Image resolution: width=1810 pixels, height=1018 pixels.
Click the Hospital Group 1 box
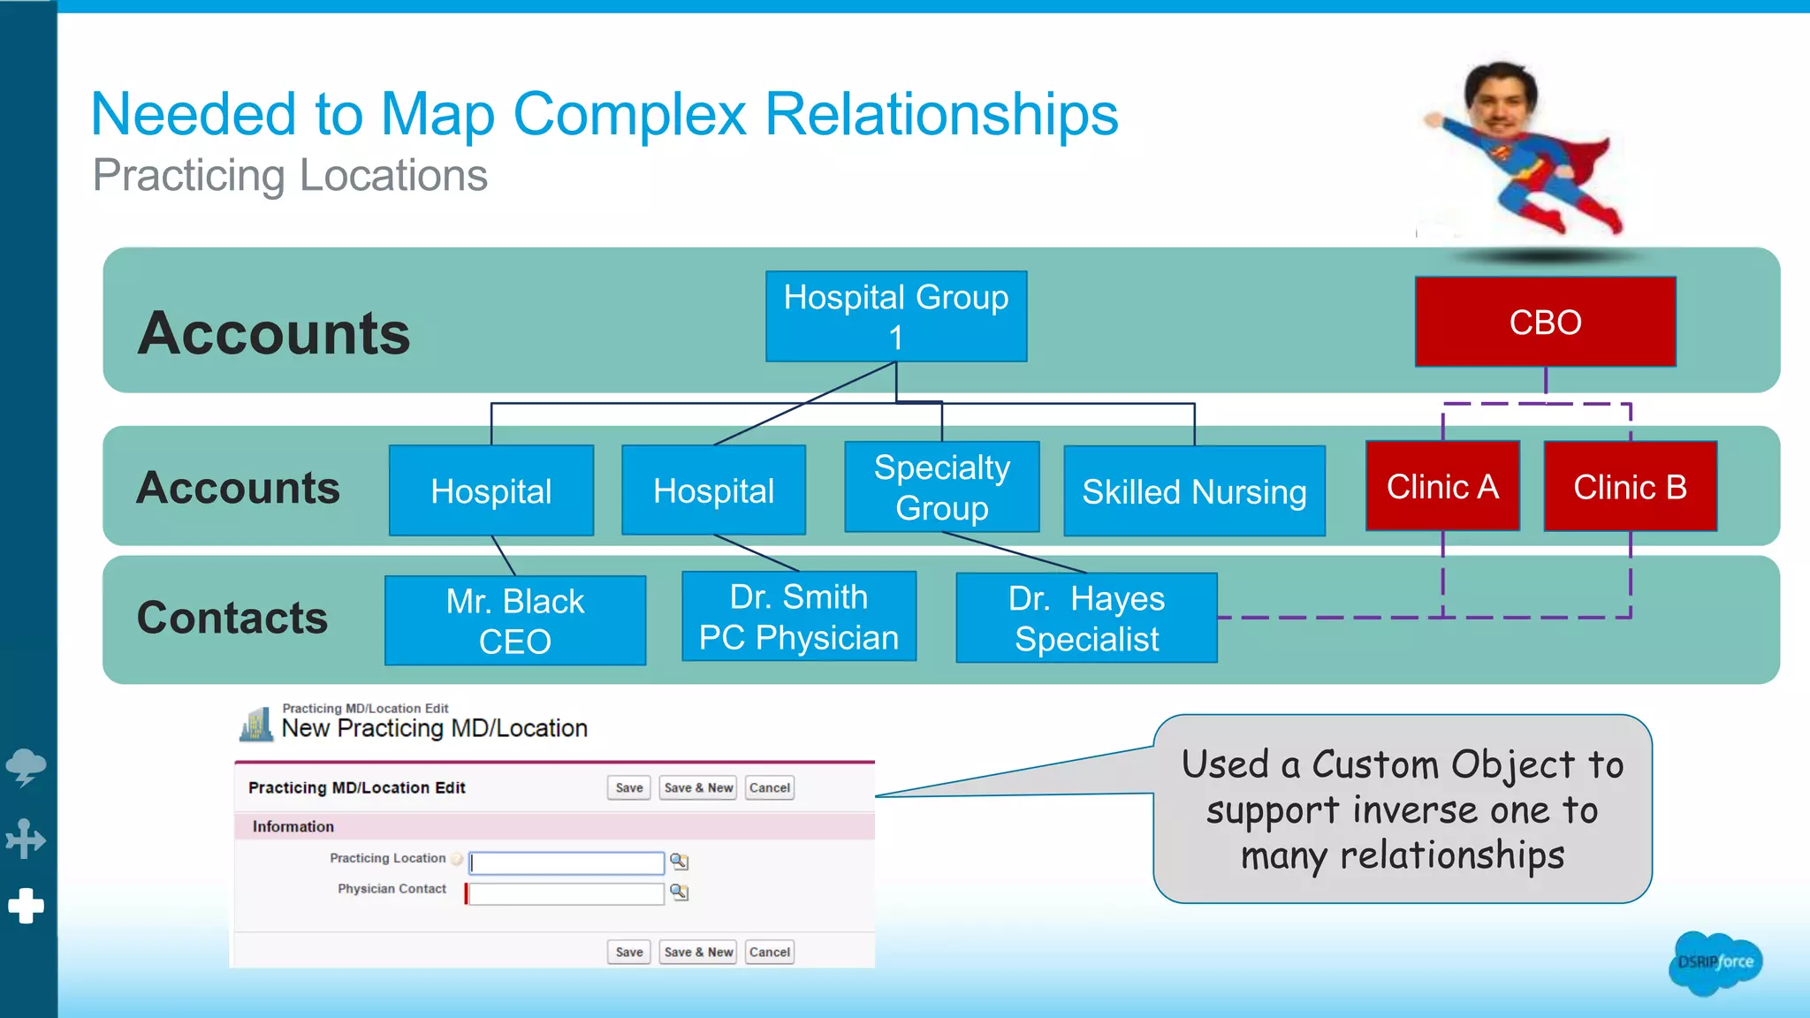click(x=895, y=316)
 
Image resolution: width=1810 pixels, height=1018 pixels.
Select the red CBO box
click(x=1545, y=322)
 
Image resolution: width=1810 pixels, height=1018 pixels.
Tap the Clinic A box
click(x=1442, y=486)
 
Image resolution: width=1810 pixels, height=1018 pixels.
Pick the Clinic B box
click(x=1630, y=486)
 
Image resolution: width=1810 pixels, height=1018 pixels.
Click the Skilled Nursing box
click(x=1194, y=491)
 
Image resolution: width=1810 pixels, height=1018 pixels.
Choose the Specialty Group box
click(x=941, y=487)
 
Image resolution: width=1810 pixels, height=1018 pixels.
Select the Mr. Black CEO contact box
click(x=515, y=620)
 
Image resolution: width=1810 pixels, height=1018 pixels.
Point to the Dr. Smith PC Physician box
click(x=799, y=617)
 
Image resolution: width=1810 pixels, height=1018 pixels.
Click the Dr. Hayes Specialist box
click(x=1086, y=618)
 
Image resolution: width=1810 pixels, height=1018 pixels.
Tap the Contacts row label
click(x=232, y=618)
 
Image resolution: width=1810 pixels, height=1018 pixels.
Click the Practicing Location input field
click(x=567, y=862)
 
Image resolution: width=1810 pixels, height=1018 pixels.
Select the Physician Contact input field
click(x=567, y=893)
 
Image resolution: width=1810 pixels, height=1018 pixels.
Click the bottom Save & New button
click(x=698, y=952)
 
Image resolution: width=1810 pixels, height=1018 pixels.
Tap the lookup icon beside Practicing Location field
click(x=679, y=861)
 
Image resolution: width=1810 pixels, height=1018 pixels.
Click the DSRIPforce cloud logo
click(x=1715, y=962)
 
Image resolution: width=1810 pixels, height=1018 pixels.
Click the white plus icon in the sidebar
click(x=27, y=906)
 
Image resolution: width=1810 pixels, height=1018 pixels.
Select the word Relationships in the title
click(x=941, y=114)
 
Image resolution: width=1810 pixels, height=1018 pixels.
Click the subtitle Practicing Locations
click(x=290, y=175)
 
